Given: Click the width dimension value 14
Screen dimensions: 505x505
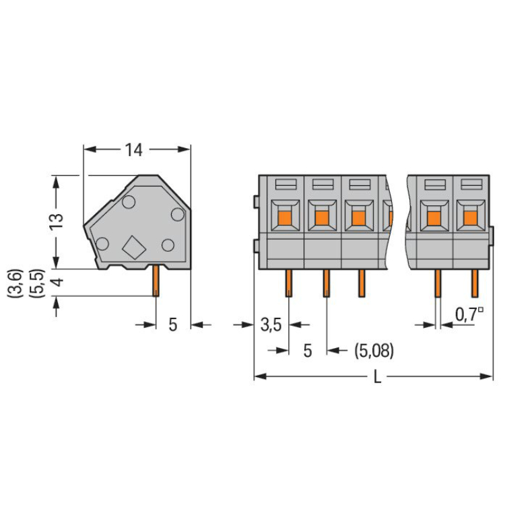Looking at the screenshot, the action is (133, 150).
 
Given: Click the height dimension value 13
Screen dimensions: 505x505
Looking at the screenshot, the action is (56, 222).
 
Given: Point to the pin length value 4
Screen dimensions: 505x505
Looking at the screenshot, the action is (58, 282).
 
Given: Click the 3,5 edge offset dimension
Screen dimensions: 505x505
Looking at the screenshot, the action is (271, 325).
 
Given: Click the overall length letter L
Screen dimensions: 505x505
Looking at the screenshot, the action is (377, 376).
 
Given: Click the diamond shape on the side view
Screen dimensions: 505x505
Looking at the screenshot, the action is (134, 247).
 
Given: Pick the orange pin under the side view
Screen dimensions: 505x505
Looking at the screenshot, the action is (156, 281).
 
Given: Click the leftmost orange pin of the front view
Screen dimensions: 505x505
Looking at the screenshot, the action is (289, 283).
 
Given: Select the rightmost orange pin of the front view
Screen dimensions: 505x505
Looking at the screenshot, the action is (475, 283).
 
